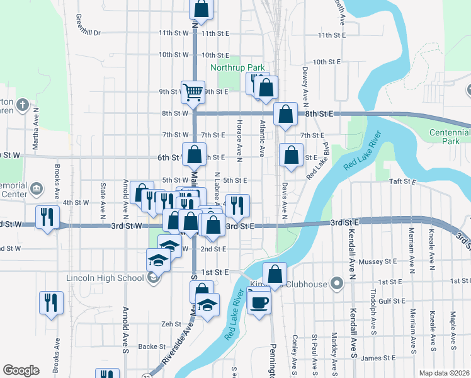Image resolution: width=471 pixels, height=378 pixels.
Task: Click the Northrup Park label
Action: pyautogui.click(x=237, y=67)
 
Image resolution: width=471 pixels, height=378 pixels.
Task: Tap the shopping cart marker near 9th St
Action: pyautogui.click(x=193, y=92)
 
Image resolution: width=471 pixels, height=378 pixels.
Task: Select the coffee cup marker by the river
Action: pyautogui.click(x=258, y=302)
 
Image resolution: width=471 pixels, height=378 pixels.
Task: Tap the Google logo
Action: pyautogui.click(x=21, y=370)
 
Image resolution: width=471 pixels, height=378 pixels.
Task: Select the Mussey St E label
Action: pyautogui.click(x=377, y=261)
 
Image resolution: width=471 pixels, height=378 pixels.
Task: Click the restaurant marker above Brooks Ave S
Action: pyautogui.click(x=51, y=302)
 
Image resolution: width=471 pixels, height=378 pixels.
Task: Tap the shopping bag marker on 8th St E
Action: pyautogui.click(x=285, y=114)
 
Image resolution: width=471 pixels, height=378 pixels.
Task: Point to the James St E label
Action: pyautogui.click(x=378, y=358)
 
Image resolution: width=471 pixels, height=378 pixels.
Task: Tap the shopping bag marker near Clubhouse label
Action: pyautogui.click(x=275, y=273)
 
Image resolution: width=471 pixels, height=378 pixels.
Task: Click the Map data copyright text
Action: pyautogui.click(x=444, y=373)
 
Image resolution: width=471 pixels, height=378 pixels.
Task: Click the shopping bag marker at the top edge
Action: pyautogui.click(x=201, y=9)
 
